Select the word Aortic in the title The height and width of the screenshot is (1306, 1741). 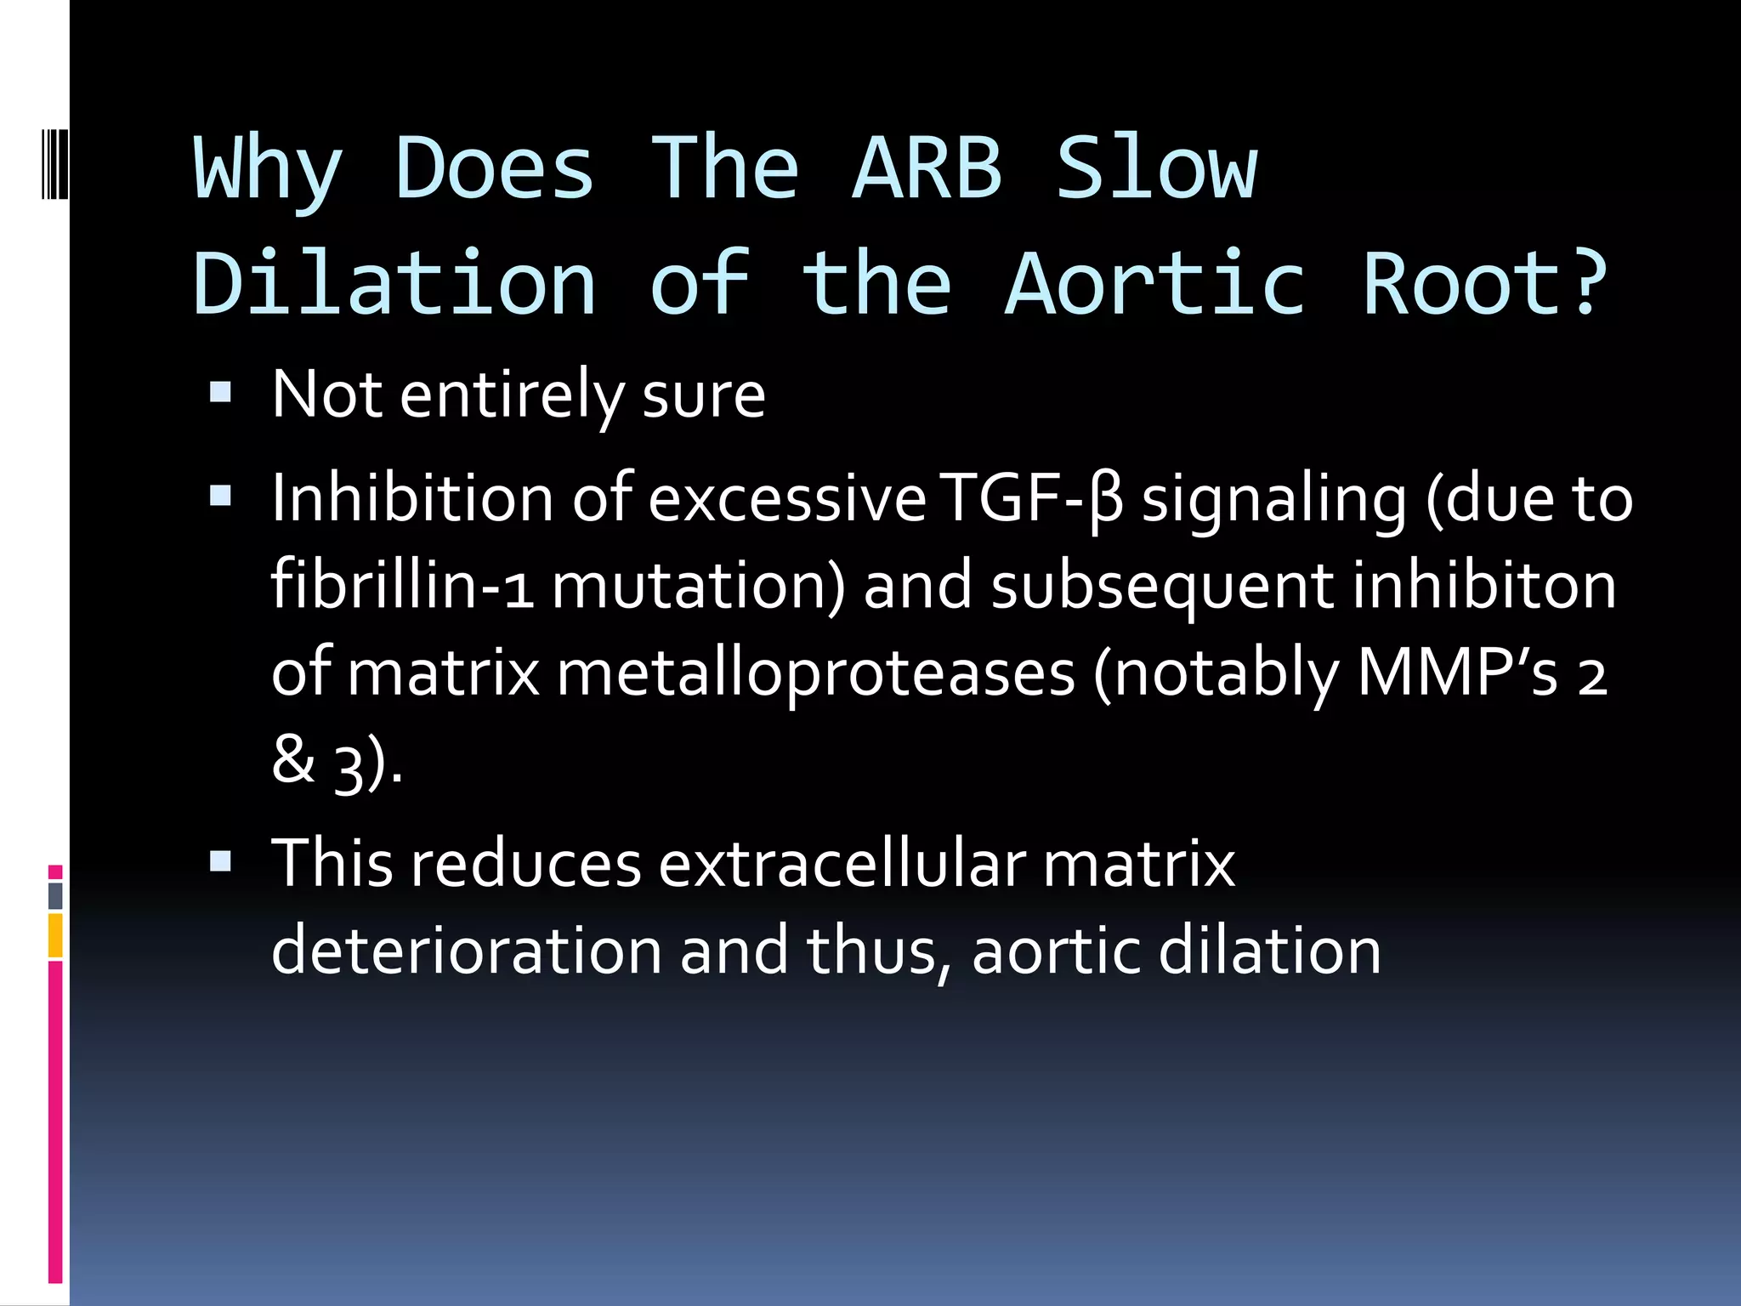(x=1154, y=284)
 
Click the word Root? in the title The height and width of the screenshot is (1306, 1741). (x=1484, y=284)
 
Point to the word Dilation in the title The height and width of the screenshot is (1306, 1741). (x=394, y=284)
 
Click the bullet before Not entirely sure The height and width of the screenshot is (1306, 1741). (x=220, y=392)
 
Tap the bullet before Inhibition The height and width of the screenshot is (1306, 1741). (x=220, y=496)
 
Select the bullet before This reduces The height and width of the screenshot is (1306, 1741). (x=220, y=862)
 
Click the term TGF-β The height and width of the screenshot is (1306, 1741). (x=1032, y=499)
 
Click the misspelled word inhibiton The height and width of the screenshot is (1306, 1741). (x=1484, y=586)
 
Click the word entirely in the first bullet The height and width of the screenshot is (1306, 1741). (x=513, y=395)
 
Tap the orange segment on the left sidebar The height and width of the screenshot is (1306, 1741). (x=55, y=935)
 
